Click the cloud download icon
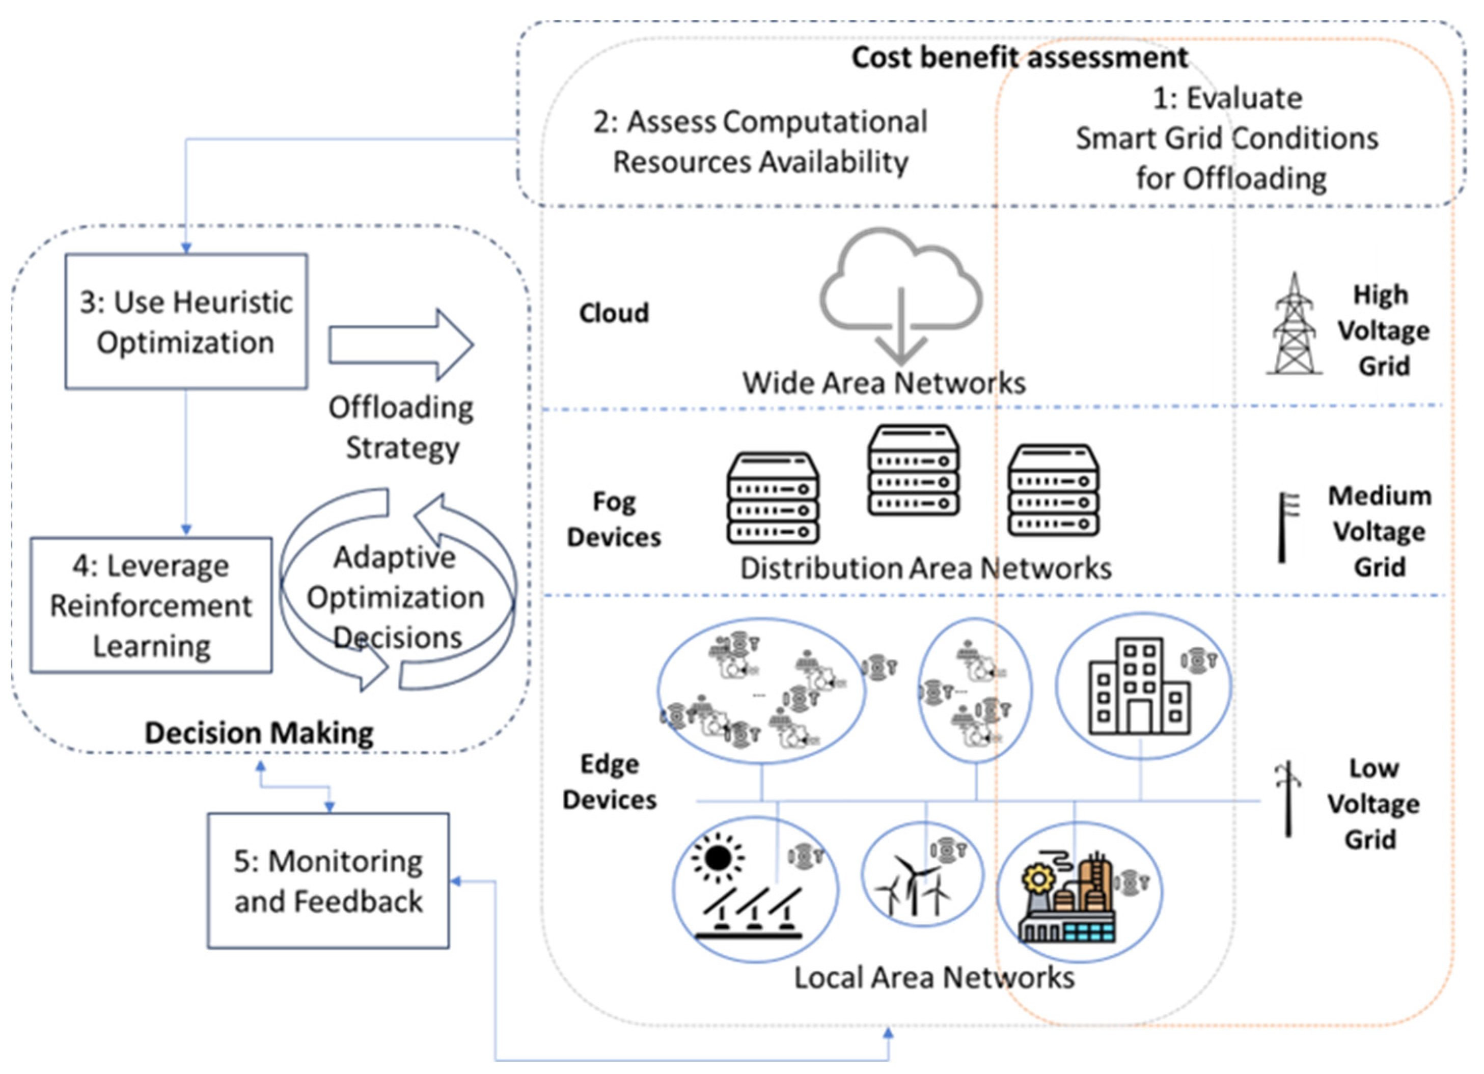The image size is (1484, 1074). click(900, 294)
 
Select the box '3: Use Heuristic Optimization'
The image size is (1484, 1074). click(186, 322)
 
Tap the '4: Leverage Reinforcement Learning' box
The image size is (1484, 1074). click(151, 605)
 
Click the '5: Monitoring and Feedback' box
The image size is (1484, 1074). click(328, 881)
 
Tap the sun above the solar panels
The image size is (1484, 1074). click(718, 858)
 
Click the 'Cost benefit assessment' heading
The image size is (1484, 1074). click(1019, 58)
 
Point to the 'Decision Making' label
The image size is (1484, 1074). click(259, 733)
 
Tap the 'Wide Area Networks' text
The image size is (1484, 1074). click(884, 383)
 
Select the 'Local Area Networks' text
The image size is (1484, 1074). click(933, 978)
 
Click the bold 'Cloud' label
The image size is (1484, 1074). click(614, 313)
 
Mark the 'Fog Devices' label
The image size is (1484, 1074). click(614, 519)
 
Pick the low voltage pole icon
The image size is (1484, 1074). click(1288, 798)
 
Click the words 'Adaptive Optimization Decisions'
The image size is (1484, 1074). click(396, 597)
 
